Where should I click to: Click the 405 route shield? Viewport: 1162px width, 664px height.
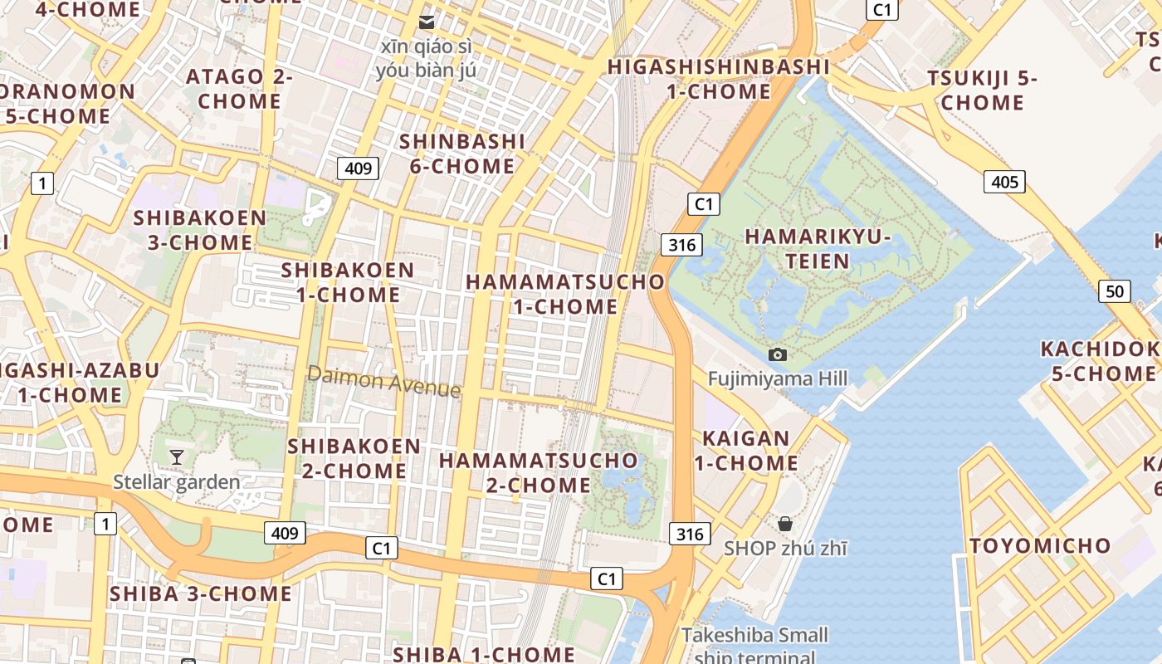pos(1004,182)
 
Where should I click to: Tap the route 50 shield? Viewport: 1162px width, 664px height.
pos(1114,291)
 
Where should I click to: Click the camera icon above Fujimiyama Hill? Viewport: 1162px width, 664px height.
pos(778,354)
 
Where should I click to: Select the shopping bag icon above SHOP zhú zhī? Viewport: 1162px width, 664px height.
pos(784,524)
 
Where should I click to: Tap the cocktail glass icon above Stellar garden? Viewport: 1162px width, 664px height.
pos(176,456)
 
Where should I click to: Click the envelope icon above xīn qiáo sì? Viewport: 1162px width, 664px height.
pos(427,22)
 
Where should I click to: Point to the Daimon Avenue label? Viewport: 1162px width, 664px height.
pos(383,381)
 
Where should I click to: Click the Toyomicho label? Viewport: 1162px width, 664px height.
pos(1040,545)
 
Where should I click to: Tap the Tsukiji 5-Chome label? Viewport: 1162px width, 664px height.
pos(982,90)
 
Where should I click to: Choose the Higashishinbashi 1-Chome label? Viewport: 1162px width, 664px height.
pos(719,79)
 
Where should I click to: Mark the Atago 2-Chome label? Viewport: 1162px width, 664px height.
pos(239,89)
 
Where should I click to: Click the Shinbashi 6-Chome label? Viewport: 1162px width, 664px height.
pos(462,154)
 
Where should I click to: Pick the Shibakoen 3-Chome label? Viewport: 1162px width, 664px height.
pos(199,231)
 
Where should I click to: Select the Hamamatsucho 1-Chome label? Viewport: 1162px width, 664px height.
pos(565,294)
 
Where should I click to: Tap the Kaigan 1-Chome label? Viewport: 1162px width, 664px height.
pos(746,451)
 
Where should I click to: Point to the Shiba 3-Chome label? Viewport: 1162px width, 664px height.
pos(200,593)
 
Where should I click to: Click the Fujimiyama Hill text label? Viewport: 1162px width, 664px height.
pos(778,379)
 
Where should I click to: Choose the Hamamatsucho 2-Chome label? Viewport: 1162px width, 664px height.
pos(539,472)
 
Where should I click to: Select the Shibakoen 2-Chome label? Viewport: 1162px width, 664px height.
pos(354,458)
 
